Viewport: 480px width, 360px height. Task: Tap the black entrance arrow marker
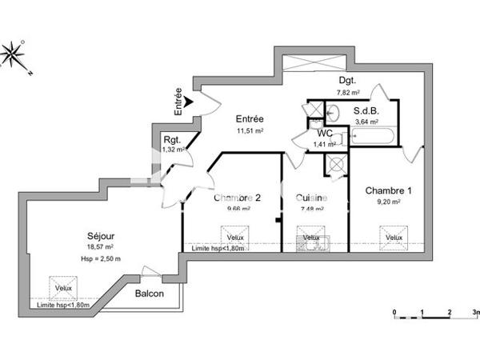[188, 102]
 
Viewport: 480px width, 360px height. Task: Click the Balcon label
[150, 294]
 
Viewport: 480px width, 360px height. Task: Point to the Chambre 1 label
[389, 190]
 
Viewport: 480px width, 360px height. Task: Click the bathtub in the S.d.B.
[372, 136]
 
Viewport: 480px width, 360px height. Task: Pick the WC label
[325, 133]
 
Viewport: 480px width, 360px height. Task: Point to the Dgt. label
[347, 81]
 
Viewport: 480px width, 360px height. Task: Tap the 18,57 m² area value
[103, 249]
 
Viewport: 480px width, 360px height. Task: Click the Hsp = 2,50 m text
[103, 258]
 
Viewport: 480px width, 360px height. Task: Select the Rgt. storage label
[173, 139]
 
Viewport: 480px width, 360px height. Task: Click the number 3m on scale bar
[475, 313]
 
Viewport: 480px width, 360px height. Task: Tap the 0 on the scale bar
[394, 313]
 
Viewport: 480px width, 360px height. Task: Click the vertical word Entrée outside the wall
[178, 102]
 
